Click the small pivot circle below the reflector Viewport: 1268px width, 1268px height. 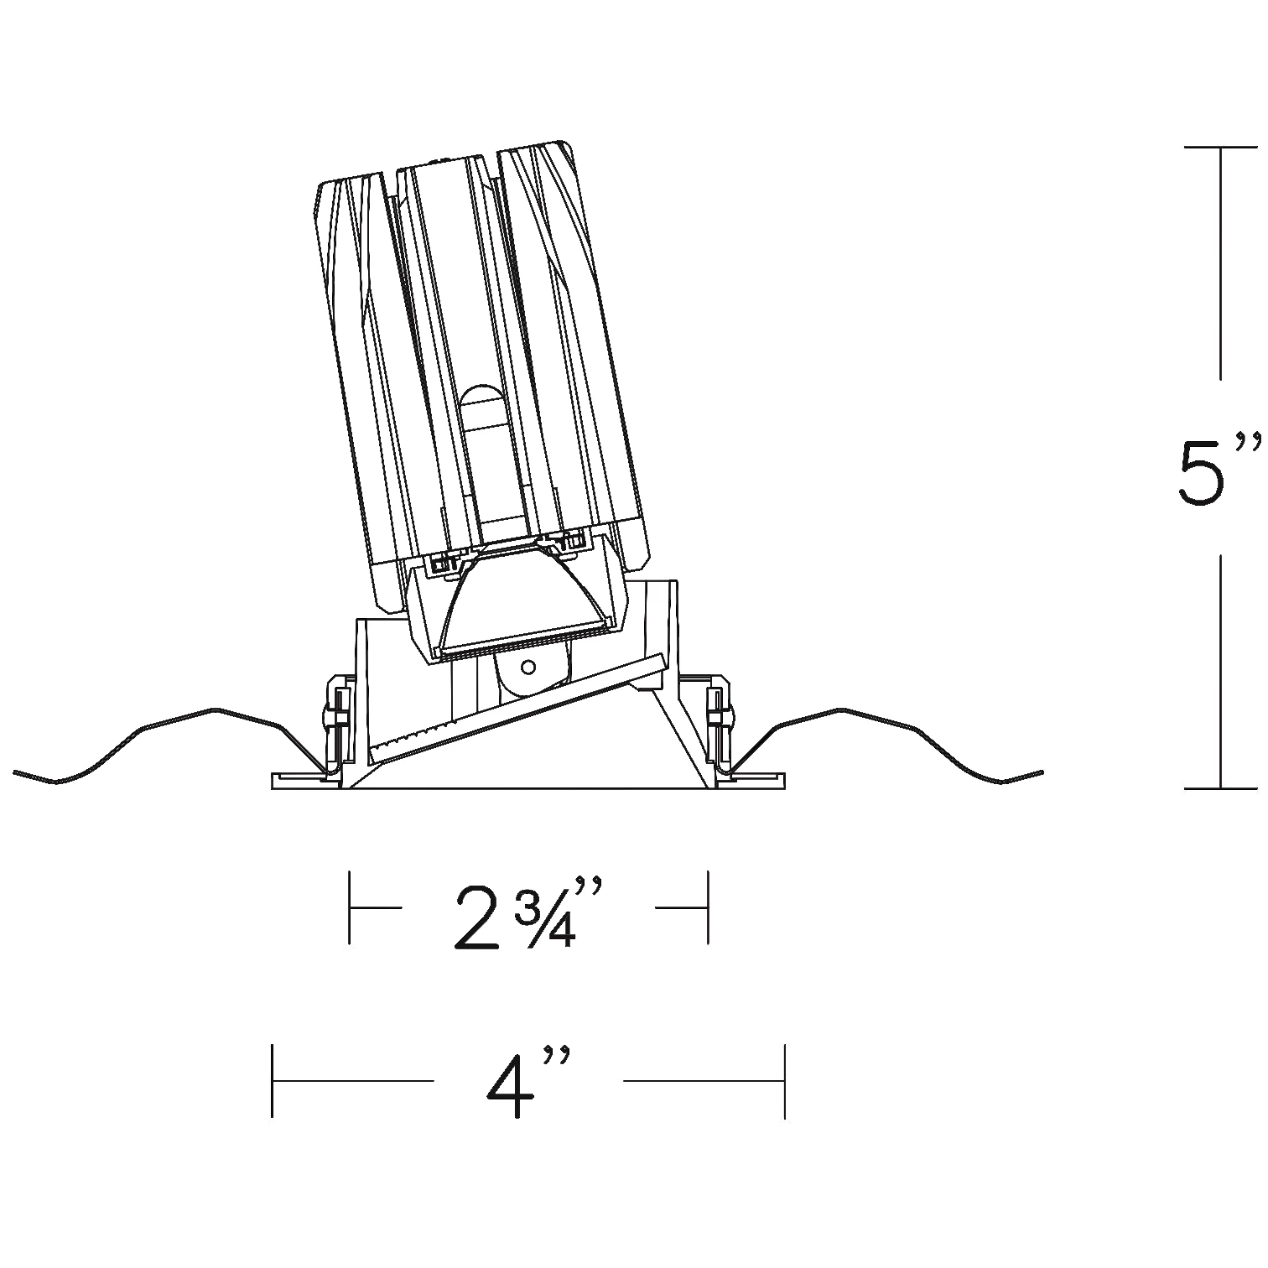click(x=527, y=667)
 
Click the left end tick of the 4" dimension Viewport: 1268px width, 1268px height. click(x=273, y=1081)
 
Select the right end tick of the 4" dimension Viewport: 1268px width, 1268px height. click(x=784, y=1081)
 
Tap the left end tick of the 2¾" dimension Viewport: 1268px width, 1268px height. click(x=350, y=908)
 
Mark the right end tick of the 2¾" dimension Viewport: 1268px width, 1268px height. click(x=709, y=908)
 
